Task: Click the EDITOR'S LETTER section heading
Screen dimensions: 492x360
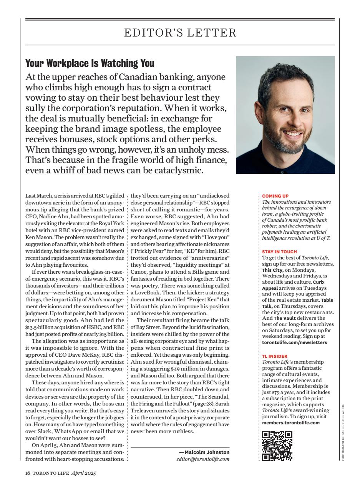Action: [x=180, y=33]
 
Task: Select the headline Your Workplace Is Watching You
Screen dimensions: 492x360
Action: [x=90, y=63]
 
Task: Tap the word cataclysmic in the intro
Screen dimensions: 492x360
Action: [x=180, y=170]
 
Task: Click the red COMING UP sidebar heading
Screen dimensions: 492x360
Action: [x=275, y=196]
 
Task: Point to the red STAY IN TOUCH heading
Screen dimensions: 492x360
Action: [x=279, y=252]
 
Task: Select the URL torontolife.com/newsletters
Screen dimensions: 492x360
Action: [x=294, y=342]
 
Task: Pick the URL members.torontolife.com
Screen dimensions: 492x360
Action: [x=290, y=423]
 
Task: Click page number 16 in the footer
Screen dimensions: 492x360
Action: [x=28, y=473]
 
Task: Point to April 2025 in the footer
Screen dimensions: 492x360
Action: [x=83, y=473]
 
